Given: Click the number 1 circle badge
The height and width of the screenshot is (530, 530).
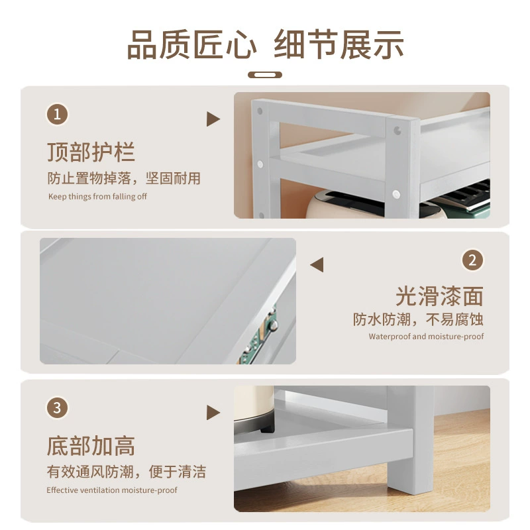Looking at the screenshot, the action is pyautogui.click(x=57, y=114).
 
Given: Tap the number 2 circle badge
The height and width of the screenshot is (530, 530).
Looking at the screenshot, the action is pyautogui.click(x=472, y=260).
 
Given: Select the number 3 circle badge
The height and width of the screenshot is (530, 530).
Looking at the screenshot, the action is pyautogui.click(x=57, y=407).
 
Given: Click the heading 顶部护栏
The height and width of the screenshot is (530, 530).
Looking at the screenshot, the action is pyautogui.click(x=91, y=152).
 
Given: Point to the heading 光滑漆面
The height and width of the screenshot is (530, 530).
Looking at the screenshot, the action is pyautogui.click(x=439, y=296).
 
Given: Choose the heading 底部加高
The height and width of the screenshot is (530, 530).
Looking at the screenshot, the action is pyautogui.click(x=91, y=446).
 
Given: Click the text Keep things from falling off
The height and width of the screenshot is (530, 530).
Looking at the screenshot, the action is pyautogui.click(x=97, y=196).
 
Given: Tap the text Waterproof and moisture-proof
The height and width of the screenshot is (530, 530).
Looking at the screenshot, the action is pyautogui.click(x=426, y=337).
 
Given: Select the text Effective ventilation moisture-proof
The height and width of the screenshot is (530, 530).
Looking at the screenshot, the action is pyautogui.click(x=112, y=490).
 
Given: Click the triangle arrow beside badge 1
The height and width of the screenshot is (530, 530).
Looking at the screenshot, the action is pyautogui.click(x=213, y=119).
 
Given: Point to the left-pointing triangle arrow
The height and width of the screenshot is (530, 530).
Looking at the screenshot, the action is pyautogui.click(x=317, y=264).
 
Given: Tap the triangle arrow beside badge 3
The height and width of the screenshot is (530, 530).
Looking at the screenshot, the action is pyautogui.click(x=213, y=413).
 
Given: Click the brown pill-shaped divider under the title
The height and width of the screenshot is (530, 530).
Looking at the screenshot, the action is pyautogui.click(x=265, y=75).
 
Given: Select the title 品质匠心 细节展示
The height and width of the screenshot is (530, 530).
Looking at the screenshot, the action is pyautogui.click(x=266, y=45).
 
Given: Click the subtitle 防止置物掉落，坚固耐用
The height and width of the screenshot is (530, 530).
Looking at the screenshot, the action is pyautogui.click(x=124, y=178).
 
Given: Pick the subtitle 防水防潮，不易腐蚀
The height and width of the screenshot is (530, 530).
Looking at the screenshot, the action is pyautogui.click(x=418, y=319).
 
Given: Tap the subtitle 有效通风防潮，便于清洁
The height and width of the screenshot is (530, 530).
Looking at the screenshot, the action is pyautogui.click(x=127, y=472).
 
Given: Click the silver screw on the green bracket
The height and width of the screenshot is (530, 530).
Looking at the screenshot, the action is pyautogui.click(x=273, y=325).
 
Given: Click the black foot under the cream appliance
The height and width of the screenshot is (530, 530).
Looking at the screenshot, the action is pyautogui.click(x=267, y=429).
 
